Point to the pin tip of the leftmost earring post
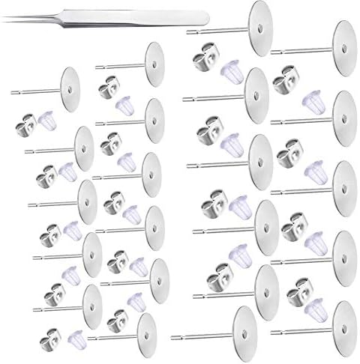tap(11, 91)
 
